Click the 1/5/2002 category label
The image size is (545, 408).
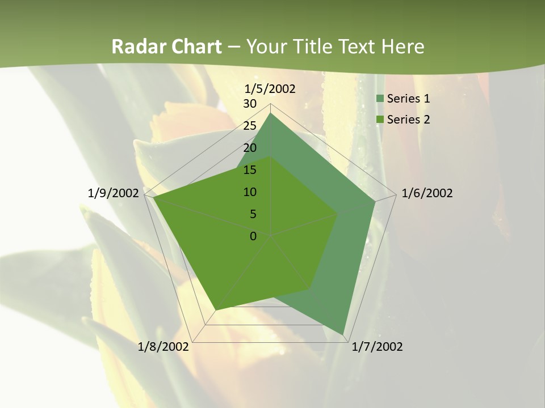coord(270,89)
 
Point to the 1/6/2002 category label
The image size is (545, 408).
coord(427,193)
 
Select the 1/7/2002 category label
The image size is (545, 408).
coord(377,347)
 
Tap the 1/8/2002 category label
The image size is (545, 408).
coord(163,347)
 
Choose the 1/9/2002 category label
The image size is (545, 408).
coord(113,193)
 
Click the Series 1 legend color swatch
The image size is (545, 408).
coord(380,99)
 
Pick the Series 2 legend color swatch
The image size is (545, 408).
coord(380,120)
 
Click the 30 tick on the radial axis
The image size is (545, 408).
coord(250,104)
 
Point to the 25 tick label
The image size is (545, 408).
coord(250,126)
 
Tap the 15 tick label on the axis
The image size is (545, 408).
coord(250,170)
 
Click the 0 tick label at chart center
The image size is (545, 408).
coord(253,236)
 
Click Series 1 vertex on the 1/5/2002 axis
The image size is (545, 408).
coord(271,113)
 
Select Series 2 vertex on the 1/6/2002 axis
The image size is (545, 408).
coord(338,214)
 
